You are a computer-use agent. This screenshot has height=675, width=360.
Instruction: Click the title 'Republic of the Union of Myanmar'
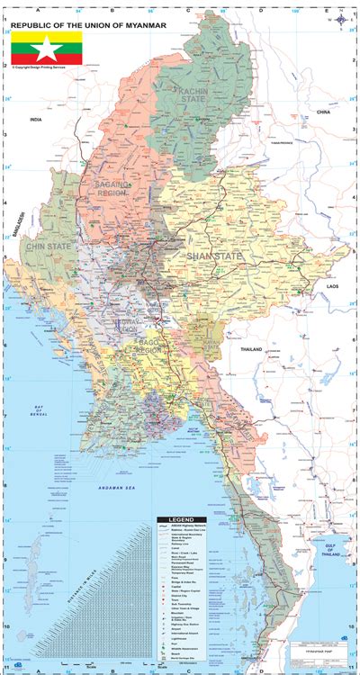click(x=88, y=25)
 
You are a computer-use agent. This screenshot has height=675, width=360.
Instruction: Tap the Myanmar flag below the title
click(x=46, y=48)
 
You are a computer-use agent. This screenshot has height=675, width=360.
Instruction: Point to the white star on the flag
click(x=46, y=48)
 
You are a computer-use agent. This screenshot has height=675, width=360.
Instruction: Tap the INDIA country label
click(x=36, y=119)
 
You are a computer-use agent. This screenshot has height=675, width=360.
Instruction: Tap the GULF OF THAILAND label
click(x=339, y=536)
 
